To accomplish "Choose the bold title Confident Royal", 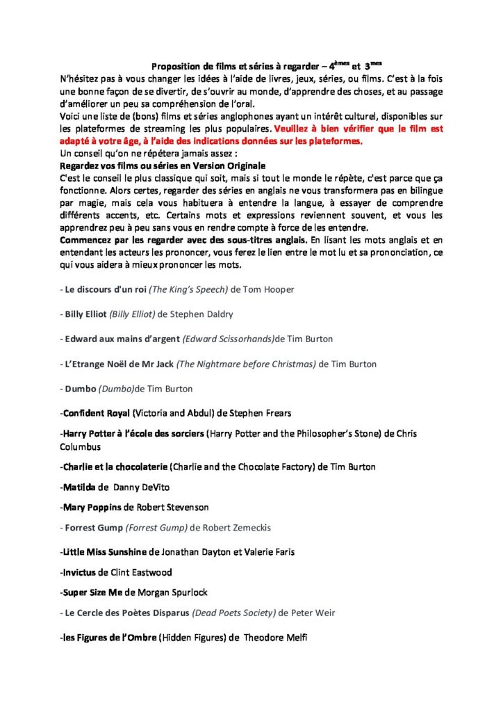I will pyautogui.click(x=95, y=414).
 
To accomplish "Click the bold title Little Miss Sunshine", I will pyautogui.click(x=105, y=552).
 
